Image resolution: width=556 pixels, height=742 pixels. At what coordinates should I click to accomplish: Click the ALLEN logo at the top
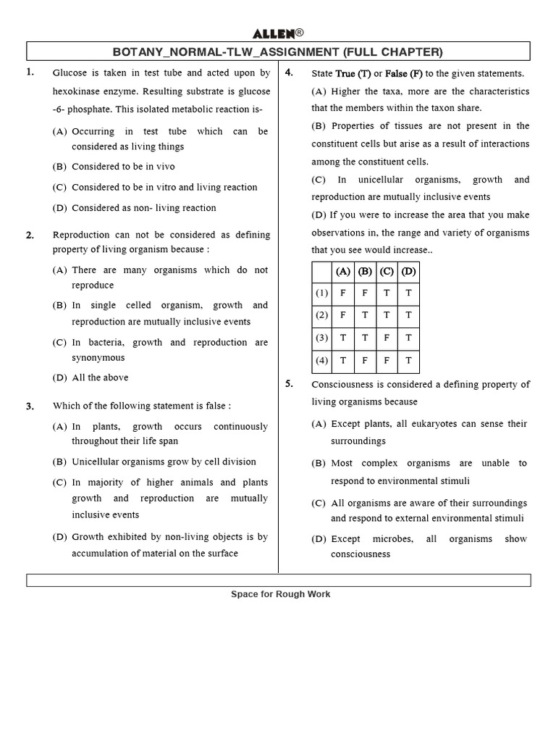click(277, 33)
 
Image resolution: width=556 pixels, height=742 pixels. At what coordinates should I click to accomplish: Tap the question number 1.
click(30, 72)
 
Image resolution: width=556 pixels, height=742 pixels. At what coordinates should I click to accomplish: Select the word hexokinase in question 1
click(77, 92)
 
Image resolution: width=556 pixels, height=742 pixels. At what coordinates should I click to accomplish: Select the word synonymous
click(98, 357)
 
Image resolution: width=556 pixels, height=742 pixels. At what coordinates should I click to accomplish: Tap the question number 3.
click(30, 407)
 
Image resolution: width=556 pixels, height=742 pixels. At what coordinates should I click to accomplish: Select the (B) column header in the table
click(365, 272)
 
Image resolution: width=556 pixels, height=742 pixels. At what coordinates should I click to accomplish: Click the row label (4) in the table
click(321, 360)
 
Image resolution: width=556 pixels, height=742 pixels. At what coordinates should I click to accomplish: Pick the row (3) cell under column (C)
click(387, 338)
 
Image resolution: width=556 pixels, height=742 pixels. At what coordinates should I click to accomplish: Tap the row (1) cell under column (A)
click(342, 293)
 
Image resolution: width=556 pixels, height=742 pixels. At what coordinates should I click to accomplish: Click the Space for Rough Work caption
click(280, 594)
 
